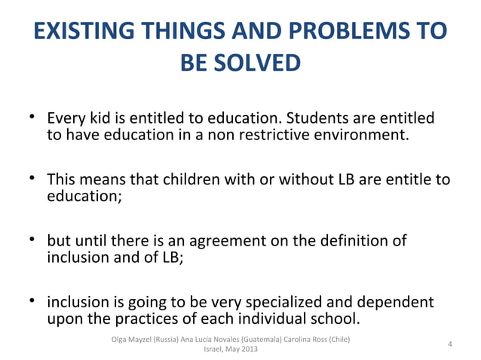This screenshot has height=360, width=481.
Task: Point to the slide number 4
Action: pos(450,344)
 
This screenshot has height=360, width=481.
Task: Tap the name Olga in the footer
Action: pos(118,339)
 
